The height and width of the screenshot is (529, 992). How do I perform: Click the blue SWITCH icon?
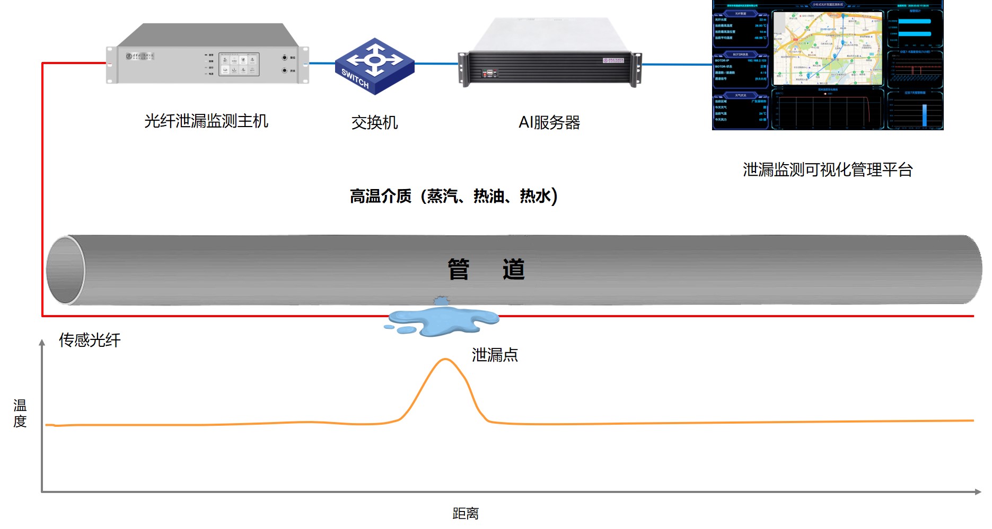coord(374,66)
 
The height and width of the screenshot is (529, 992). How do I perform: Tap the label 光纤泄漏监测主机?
coord(206,121)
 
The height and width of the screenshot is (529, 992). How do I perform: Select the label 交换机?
coord(374,123)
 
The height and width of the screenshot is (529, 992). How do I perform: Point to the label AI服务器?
coord(549,123)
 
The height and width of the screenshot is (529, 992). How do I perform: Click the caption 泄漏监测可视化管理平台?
coord(827,170)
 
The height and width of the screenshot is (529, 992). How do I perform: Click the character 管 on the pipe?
coord(459,270)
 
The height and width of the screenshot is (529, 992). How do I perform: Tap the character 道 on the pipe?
coord(513,270)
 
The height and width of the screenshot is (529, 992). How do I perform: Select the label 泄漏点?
coord(495,355)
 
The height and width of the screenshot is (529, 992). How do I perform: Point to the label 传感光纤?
coord(90,340)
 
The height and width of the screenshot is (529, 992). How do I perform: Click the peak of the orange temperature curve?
coord(445,360)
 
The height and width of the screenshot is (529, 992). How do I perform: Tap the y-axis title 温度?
coord(20,414)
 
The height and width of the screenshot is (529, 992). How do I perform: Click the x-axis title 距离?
coord(466,514)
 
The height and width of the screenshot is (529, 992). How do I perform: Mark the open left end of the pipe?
coord(65,270)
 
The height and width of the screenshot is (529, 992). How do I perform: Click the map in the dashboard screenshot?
coord(827,49)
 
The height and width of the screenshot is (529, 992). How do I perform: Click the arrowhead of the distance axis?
coord(978,492)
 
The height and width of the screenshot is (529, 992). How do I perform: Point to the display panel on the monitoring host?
coord(239,65)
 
